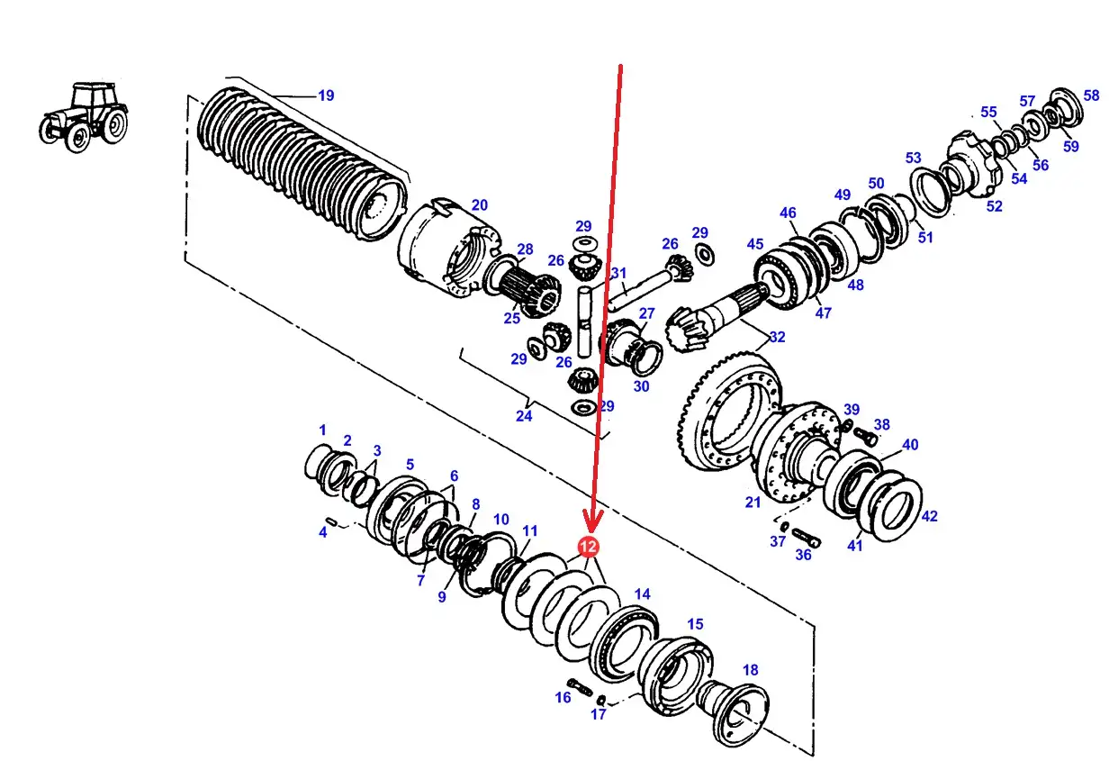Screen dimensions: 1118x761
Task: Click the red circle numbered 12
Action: pyautogui.click(x=588, y=547)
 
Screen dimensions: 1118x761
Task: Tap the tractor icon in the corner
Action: pyautogui.click(x=84, y=117)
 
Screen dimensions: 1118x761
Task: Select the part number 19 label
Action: pyautogui.click(x=326, y=95)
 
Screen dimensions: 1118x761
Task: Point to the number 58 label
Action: pyautogui.click(x=1091, y=95)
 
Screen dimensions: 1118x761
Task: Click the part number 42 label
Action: pyautogui.click(x=929, y=516)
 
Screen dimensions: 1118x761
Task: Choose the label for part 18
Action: pyautogui.click(x=750, y=670)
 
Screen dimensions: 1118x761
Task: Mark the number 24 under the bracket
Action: pyautogui.click(x=524, y=416)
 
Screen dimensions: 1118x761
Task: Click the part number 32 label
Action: pyautogui.click(x=777, y=337)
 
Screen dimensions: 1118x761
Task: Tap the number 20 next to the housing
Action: pyautogui.click(x=479, y=204)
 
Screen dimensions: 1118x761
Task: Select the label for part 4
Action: pyautogui.click(x=323, y=532)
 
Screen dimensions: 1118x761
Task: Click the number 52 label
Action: pyautogui.click(x=994, y=206)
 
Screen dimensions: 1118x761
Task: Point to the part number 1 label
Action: pyautogui.click(x=322, y=430)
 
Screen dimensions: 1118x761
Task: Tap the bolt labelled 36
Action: pyautogui.click(x=806, y=538)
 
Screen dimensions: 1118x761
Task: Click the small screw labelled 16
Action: pyautogui.click(x=580, y=687)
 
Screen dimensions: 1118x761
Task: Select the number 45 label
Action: pyautogui.click(x=754, y=244)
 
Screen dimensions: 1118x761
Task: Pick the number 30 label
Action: pyautogui.click(x=641, y=386)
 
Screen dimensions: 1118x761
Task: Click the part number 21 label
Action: pyautogui.click(x=753, y=502)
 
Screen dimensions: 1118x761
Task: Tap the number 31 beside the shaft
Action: pyautogui.click(x=618, y=273)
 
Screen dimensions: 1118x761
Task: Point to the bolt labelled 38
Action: pyautogui.click(x=865, y=436)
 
